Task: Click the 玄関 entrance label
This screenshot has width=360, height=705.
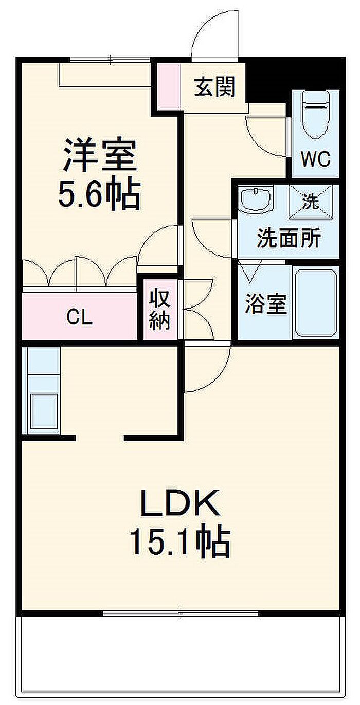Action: (x=214, y=87)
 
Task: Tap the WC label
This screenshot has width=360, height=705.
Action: (x=316, y=159)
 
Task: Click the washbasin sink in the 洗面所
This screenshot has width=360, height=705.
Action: (x=255, y=199)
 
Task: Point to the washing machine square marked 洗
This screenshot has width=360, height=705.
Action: (x=311, y=202)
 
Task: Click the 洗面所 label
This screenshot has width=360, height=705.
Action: (x=289, y=238)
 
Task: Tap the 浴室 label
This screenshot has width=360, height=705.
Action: (x=266, y=304)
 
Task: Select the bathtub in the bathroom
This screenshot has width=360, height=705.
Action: (x=316, y=302)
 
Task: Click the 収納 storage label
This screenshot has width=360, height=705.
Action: (x=160, y=310)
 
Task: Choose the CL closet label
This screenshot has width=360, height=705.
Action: (x=79, y=317)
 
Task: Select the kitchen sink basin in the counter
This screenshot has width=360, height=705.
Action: (x=44, y=411)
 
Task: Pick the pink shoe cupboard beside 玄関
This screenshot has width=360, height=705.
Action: (x=169, y=86)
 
